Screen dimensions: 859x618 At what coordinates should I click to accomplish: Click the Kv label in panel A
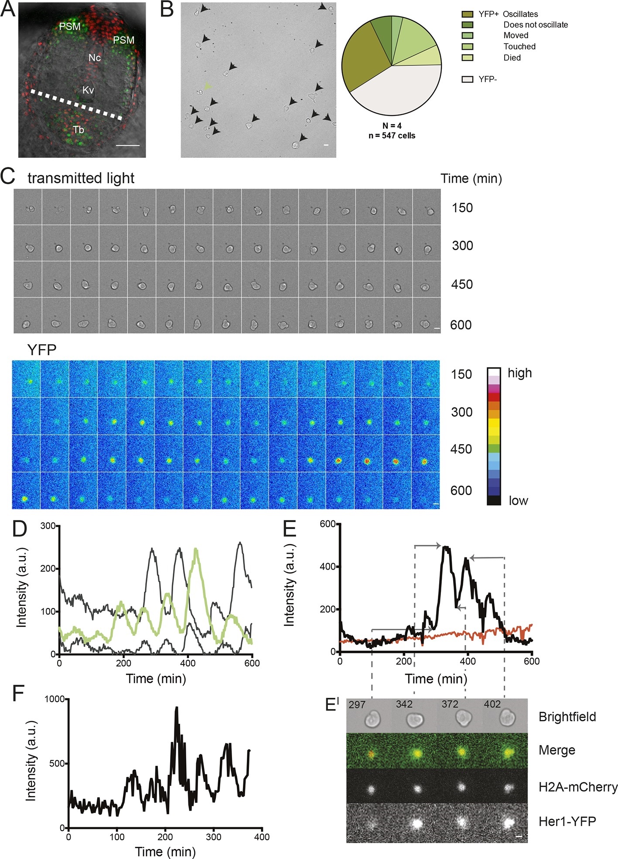[88, 90]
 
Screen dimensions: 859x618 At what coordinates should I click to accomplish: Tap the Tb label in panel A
[79, 129]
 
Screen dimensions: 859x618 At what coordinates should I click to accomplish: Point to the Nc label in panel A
[95, 58]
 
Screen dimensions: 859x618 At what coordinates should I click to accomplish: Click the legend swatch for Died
[467, 58]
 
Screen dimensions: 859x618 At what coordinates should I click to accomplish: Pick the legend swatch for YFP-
[467, 79]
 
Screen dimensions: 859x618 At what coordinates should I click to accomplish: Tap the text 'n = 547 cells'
[392, 136]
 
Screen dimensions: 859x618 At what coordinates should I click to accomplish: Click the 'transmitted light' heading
[81, 178]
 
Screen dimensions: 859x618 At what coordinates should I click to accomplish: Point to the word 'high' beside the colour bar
[519, 373]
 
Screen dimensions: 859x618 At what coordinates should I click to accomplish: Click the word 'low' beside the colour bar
[518, 501]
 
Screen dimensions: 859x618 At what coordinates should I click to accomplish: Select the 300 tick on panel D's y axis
[48, 526]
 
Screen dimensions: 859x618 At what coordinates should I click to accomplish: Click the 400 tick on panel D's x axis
[188, 663]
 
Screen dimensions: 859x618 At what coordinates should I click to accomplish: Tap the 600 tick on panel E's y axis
[328, 524]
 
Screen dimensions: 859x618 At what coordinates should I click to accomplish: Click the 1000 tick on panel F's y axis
[55, 699]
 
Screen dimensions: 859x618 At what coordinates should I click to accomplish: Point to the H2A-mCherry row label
[578, 787]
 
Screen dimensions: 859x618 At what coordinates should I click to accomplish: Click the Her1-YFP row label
[567, 822]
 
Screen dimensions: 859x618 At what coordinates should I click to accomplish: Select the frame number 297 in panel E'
[357, 705]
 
